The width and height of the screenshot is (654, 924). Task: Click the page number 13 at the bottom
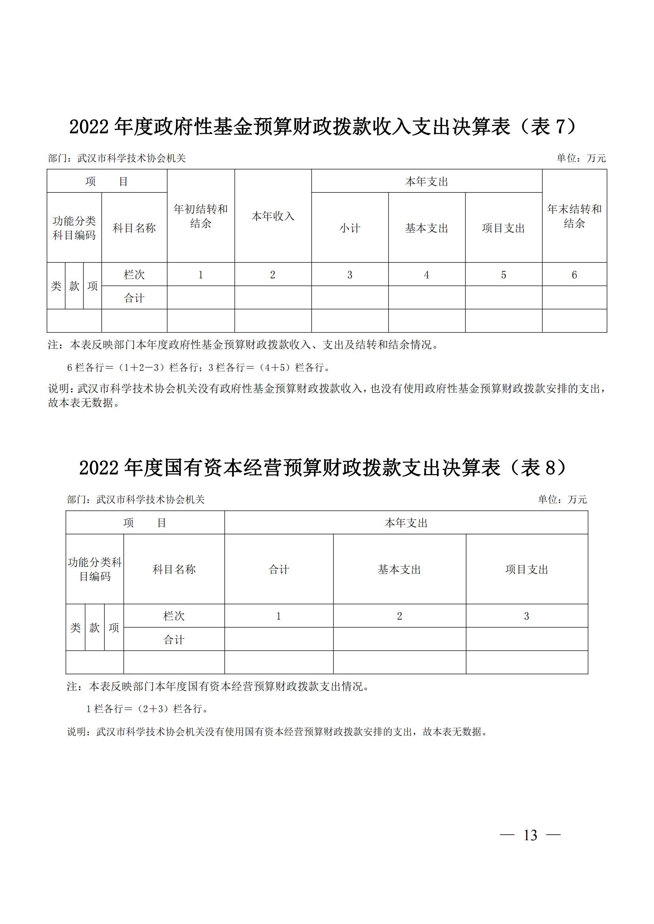(530, 835)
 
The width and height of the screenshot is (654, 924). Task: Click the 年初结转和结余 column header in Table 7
(200, 216)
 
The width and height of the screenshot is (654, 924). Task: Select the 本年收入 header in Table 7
(273, 216)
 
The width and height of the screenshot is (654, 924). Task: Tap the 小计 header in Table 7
(350, 228)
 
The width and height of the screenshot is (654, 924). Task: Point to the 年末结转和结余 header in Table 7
(574, 216)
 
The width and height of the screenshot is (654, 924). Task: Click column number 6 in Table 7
(574, 275)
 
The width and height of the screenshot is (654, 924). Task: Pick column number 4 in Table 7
(427, 275)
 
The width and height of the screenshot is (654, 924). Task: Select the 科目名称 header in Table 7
(134, 228)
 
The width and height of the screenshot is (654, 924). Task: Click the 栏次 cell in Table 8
(174, 616)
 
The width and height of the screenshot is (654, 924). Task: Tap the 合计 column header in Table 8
(279, 570)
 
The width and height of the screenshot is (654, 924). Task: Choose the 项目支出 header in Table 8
(527, 570)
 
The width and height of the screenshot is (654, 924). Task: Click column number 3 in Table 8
(526, 616)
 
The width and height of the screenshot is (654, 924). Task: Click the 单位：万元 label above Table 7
(581, 158)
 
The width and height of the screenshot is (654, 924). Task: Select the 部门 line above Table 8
(136, 499)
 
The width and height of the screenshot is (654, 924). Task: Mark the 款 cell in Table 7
(74, 286)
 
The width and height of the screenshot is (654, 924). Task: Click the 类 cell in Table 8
(75, 627)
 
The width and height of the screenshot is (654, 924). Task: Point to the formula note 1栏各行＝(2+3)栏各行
(147, 709)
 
